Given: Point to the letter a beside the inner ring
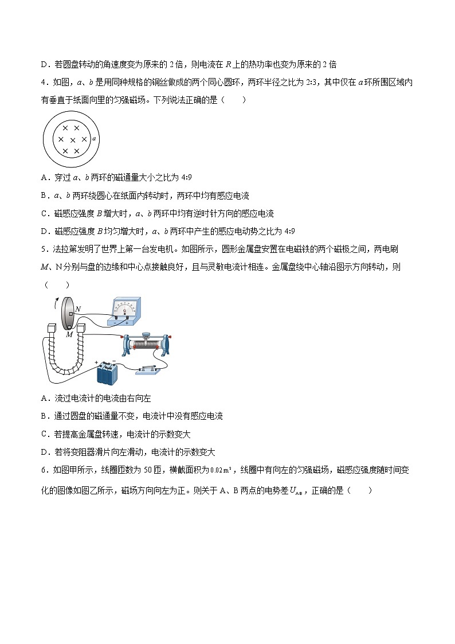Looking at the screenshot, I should click(93, 138).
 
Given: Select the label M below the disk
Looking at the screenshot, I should click(69, 334).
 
